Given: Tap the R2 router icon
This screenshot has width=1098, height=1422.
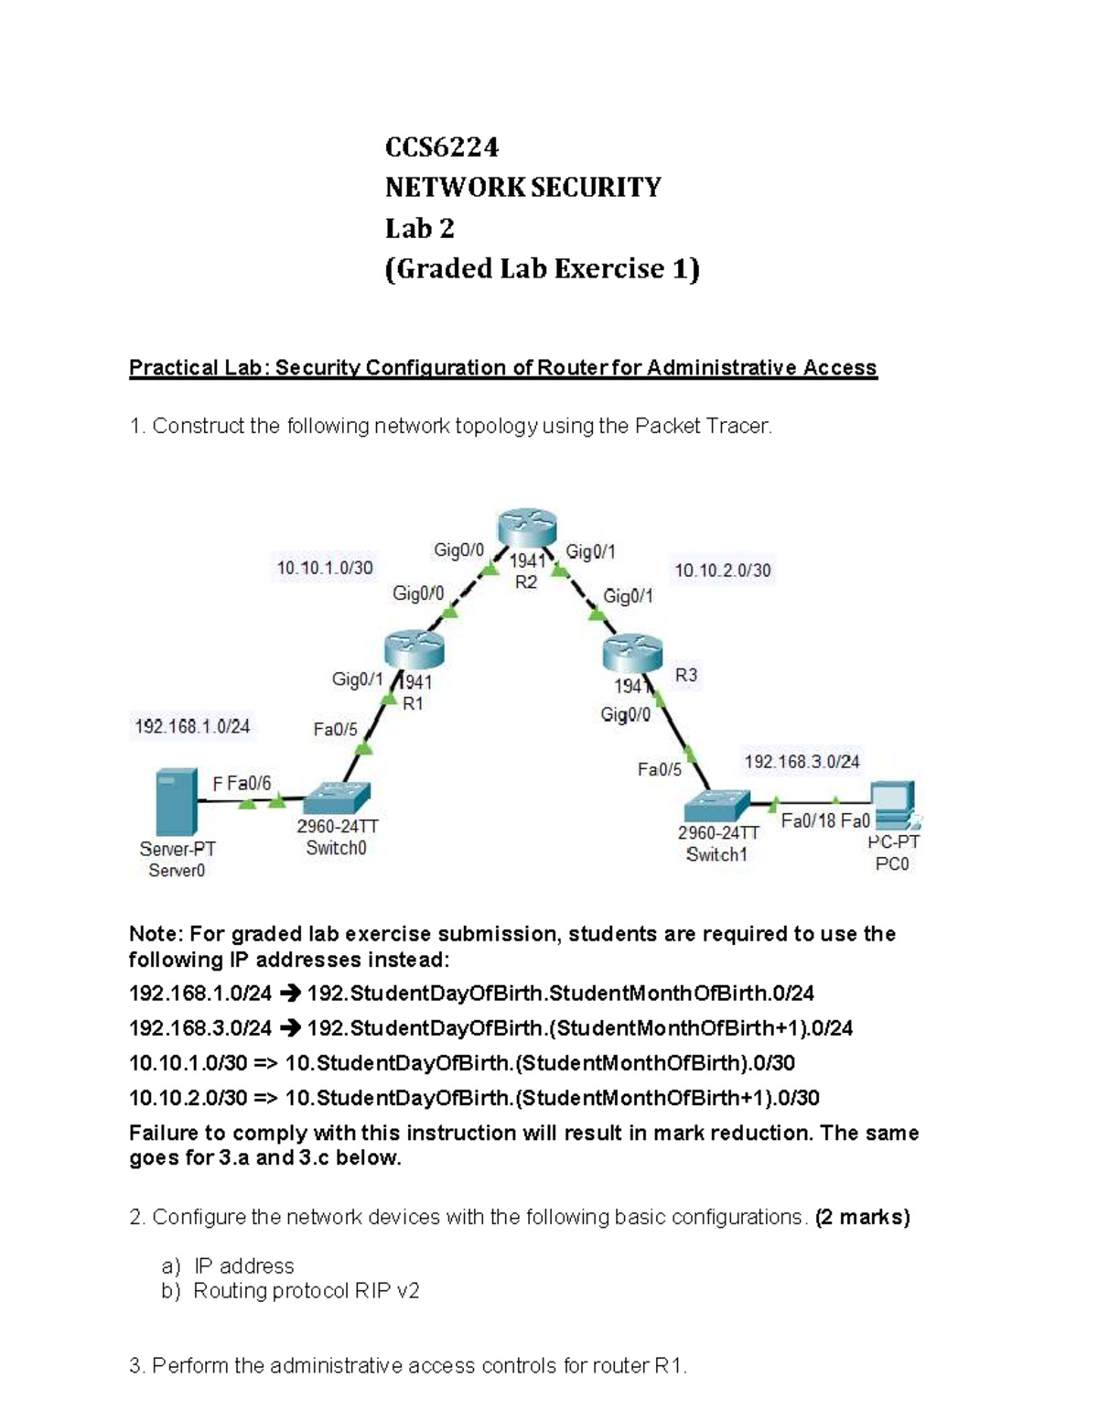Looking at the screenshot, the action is pyautogui.click(x=526, y=526).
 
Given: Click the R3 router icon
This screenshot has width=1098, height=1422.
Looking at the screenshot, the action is pyautogui.click(x=633, y=654).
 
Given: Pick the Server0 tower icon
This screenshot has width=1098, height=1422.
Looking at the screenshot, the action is pyautogui.click(x=177, y=802).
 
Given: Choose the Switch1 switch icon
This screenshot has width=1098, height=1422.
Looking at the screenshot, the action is pyautogui.click(x=716, y=805).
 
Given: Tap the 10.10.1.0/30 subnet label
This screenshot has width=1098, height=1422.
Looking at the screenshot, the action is pyautogui.click(x=324, y=568).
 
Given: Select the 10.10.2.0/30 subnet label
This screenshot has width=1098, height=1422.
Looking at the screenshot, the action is pyautogui.click(x=723, y=570).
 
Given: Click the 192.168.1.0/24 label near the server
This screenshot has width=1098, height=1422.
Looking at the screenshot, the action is pyautogui.click(x=192, y=726).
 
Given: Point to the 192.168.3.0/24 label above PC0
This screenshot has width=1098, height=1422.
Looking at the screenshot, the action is pyautogui.click(x=802, y=762).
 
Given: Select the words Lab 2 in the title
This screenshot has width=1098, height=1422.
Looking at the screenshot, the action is pyautogui.click(x=419, y=228).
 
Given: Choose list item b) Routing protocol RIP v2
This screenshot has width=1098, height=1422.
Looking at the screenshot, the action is pyautogui.click(x=290, y=1291).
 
